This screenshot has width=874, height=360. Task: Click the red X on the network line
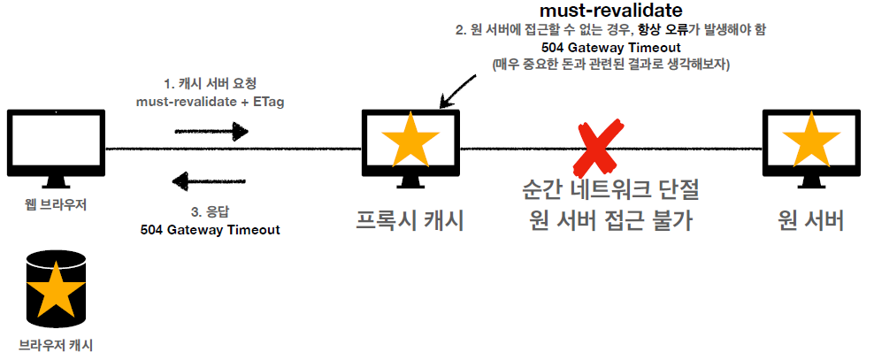coord(598,149)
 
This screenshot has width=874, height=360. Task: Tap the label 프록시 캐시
coord(409,219)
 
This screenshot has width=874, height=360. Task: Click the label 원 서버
coord(810,219)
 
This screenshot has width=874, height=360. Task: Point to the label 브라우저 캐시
coord(56,344)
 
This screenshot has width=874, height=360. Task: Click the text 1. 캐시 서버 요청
coord(210,85)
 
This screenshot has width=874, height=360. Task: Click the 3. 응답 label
coord(210,211)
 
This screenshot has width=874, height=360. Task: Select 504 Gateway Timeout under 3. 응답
coord(210,229)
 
